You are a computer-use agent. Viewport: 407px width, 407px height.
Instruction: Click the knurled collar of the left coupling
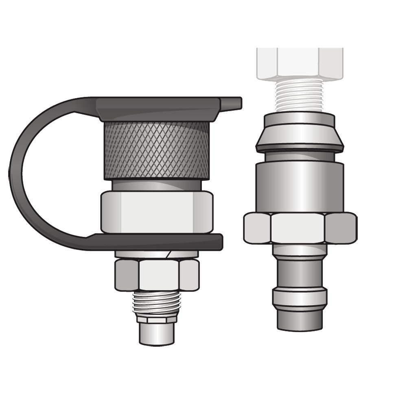click(x=157, y=151)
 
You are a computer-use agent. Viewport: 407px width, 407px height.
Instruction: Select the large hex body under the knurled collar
click(x=157, y=212)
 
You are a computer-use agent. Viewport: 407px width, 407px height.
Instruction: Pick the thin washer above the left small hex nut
click(x=157, y=255)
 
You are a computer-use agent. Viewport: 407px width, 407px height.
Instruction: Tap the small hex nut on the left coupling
click(x=157, y=275)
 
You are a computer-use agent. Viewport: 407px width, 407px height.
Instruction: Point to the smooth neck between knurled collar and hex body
click(x=157, y=185)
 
